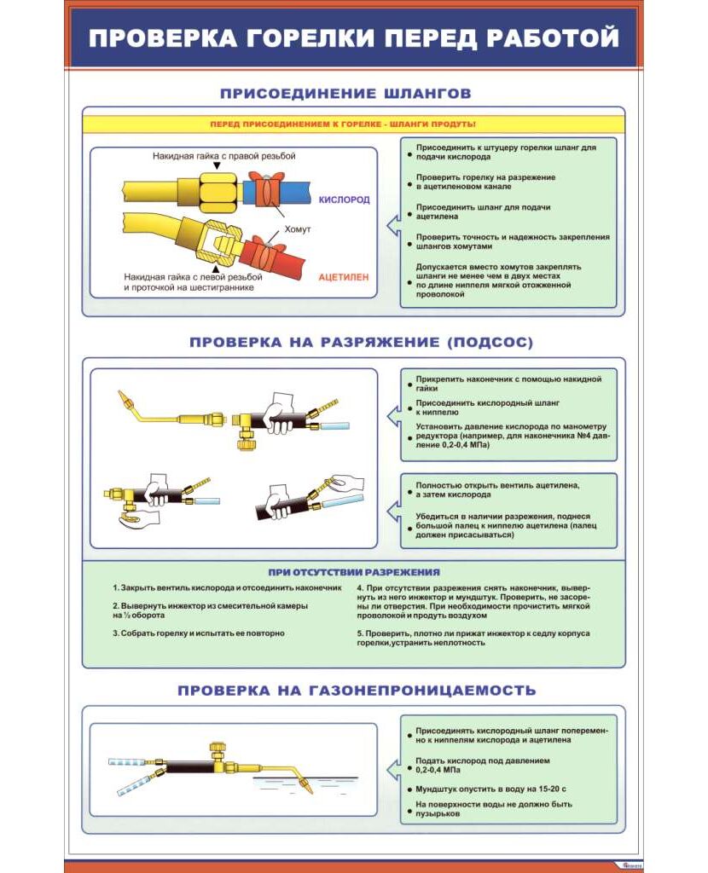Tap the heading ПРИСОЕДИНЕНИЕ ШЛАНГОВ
345,93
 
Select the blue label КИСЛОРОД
344,199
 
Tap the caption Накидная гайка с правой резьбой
223,157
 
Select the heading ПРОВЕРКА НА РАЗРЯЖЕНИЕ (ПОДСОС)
361,343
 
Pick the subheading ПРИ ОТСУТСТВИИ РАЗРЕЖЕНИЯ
354,572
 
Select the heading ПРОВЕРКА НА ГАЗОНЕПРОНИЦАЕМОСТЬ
357,690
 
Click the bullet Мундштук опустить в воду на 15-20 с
490,789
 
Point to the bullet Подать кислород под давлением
483,765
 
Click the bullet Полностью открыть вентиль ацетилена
498,489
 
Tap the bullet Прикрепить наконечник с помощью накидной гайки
508,383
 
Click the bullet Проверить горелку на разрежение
485,182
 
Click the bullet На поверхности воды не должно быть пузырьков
494,809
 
